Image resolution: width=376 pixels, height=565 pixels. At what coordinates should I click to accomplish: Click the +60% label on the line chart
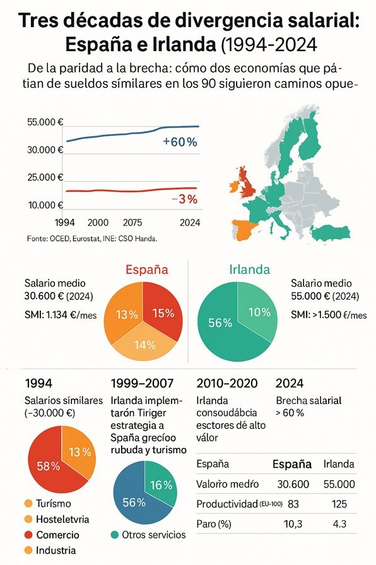coord(180,142)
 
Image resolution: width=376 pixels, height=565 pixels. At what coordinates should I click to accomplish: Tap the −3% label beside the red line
coord(184,199)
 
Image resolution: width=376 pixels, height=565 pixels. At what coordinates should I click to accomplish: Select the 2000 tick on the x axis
coord(98,222)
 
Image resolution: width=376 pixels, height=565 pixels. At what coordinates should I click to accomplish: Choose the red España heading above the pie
coord(147,270)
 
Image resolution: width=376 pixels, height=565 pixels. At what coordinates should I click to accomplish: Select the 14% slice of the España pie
coord(144,345)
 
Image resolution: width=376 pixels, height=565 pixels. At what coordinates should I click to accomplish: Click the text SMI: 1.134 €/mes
coord(61,315)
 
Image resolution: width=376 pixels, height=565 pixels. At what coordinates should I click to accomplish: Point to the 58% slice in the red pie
coord(49,466)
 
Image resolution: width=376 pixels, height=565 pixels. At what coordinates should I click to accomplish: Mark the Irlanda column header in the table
coord(338,464)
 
